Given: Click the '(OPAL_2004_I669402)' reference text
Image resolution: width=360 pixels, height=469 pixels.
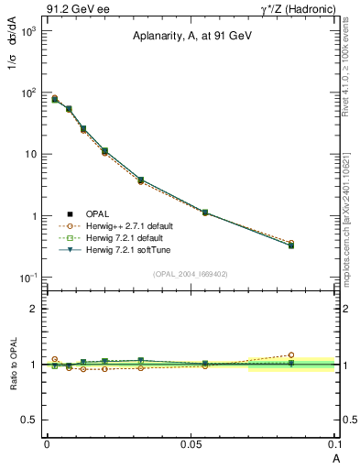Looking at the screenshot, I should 190,273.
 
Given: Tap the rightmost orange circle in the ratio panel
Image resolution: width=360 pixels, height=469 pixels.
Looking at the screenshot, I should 291,354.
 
